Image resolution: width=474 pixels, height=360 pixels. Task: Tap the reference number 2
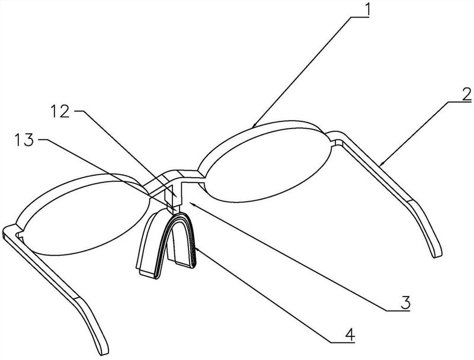(x=466, y=93)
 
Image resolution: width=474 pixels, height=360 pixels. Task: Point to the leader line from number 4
(x=267, y=293)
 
